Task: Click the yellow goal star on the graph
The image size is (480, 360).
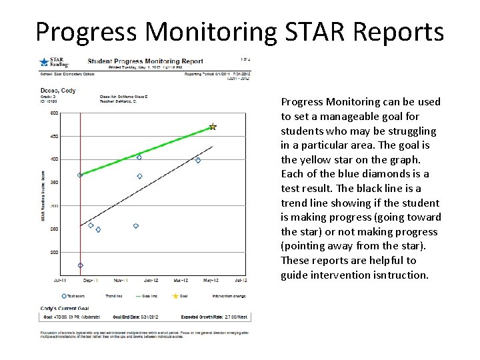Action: coord(213,126)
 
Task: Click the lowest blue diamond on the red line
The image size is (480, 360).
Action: coord(81,265)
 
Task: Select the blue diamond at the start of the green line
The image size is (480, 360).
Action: coord(80,175)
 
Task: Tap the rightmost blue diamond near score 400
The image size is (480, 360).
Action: coord(198,160)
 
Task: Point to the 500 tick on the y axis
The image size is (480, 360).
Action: coord(53,113)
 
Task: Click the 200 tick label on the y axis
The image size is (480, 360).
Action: coord(53,252)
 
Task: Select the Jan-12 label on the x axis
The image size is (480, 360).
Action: coord(151,281)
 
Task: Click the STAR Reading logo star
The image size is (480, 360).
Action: coord(44,62)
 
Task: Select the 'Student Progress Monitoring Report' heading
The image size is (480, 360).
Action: coord(145,61)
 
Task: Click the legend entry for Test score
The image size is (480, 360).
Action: coord(73,295)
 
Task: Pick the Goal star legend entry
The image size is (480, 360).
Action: coord(181,295)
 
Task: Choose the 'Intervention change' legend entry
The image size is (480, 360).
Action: coord(229,295)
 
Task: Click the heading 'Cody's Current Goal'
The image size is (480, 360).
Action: coord(63,308)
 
